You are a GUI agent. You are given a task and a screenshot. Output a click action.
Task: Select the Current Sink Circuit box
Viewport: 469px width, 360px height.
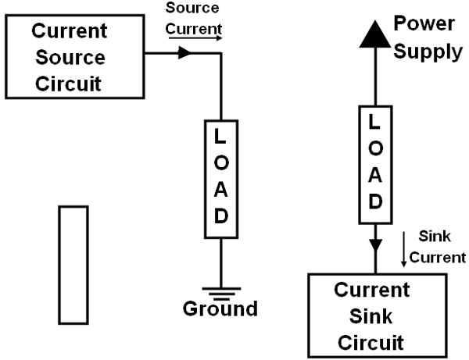point(371,314)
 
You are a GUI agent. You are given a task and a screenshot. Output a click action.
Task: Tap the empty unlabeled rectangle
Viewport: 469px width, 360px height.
point(73,264)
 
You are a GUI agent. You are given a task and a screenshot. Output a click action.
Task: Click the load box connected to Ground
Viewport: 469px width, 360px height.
point(221,178)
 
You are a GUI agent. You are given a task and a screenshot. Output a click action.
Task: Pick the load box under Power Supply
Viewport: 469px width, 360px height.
point(375,162)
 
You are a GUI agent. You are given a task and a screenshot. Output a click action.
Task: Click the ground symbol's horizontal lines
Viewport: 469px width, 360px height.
point(221,290)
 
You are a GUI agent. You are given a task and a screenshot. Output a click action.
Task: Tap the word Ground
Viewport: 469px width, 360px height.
point(220,308)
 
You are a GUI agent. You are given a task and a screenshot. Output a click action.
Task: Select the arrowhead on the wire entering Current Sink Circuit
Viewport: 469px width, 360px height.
point(375,245)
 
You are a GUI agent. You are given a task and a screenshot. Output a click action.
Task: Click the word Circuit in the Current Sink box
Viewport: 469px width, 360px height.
point(371,340)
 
